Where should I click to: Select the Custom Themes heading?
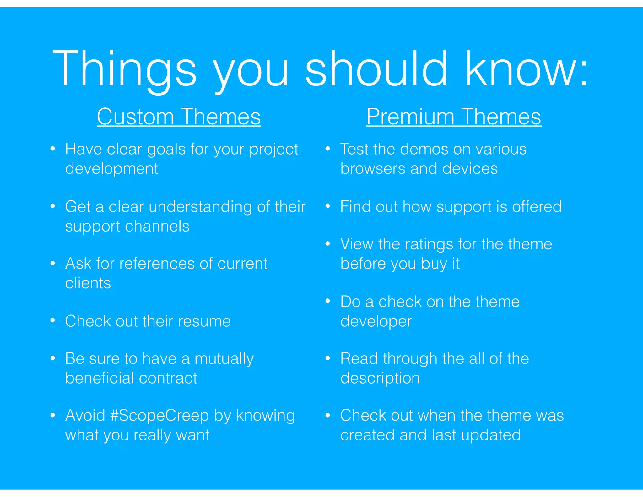179,117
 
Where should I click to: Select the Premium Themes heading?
454,117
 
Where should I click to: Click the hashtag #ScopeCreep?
159,415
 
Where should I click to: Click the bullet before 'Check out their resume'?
53,320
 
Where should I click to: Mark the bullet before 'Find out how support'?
328,206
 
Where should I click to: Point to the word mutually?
224,359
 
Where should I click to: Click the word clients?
88,283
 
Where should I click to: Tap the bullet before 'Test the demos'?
328,148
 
